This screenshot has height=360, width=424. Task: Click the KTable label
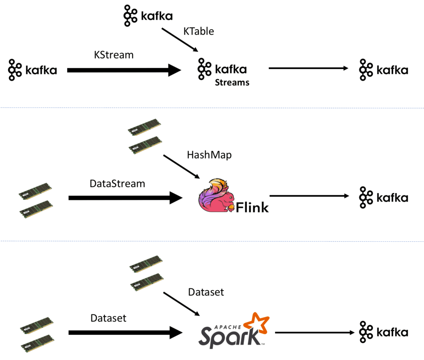[x=199, y=31]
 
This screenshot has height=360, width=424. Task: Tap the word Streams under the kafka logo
[x=232, y=82]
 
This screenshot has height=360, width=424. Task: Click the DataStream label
[x=117, y=183]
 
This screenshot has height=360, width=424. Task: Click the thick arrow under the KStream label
[x=124, y=70]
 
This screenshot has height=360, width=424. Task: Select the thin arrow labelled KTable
[x=179, y=40]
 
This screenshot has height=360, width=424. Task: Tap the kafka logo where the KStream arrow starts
[x=32, y=70]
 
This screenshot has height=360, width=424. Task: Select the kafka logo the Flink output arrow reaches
[x=383, y=197]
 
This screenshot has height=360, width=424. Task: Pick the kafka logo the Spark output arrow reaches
[x=383, y=332]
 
